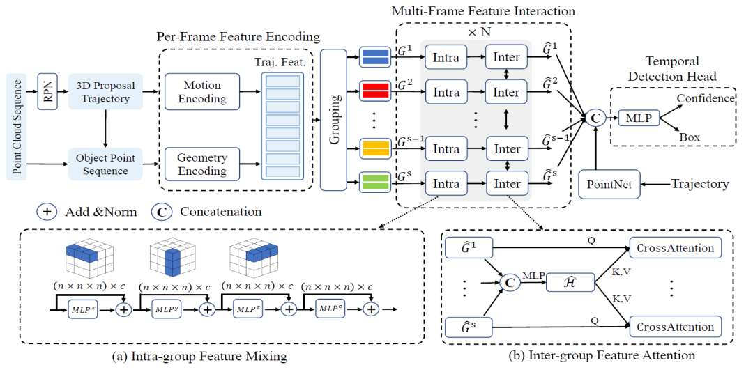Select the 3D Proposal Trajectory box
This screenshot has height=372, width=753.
(105, 92)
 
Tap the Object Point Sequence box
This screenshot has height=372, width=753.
(105, 164)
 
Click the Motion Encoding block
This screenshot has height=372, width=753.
(202, 92)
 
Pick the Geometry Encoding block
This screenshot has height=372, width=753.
(202, 164)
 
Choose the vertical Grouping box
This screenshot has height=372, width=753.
(333, 119)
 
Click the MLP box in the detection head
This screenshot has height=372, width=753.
(638, 118)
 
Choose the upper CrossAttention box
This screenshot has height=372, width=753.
(675, 247)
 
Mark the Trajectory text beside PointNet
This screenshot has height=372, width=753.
(699, 185)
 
